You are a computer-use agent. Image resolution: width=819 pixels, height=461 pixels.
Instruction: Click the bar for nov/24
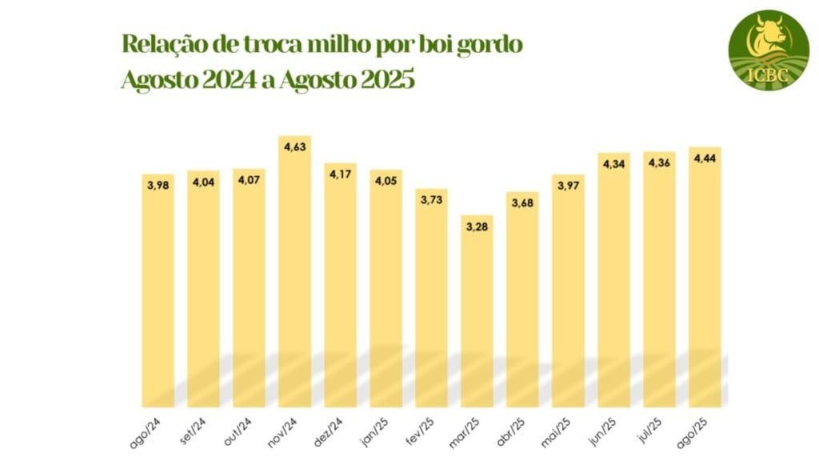294,272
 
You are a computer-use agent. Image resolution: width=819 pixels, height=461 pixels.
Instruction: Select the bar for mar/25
477,312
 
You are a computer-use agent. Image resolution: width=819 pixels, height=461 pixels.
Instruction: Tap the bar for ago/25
705,276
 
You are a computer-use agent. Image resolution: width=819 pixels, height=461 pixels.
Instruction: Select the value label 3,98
158,185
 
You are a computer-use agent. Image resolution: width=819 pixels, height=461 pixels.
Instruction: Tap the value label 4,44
705,158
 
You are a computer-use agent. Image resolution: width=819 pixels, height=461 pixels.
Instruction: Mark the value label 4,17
340,174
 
